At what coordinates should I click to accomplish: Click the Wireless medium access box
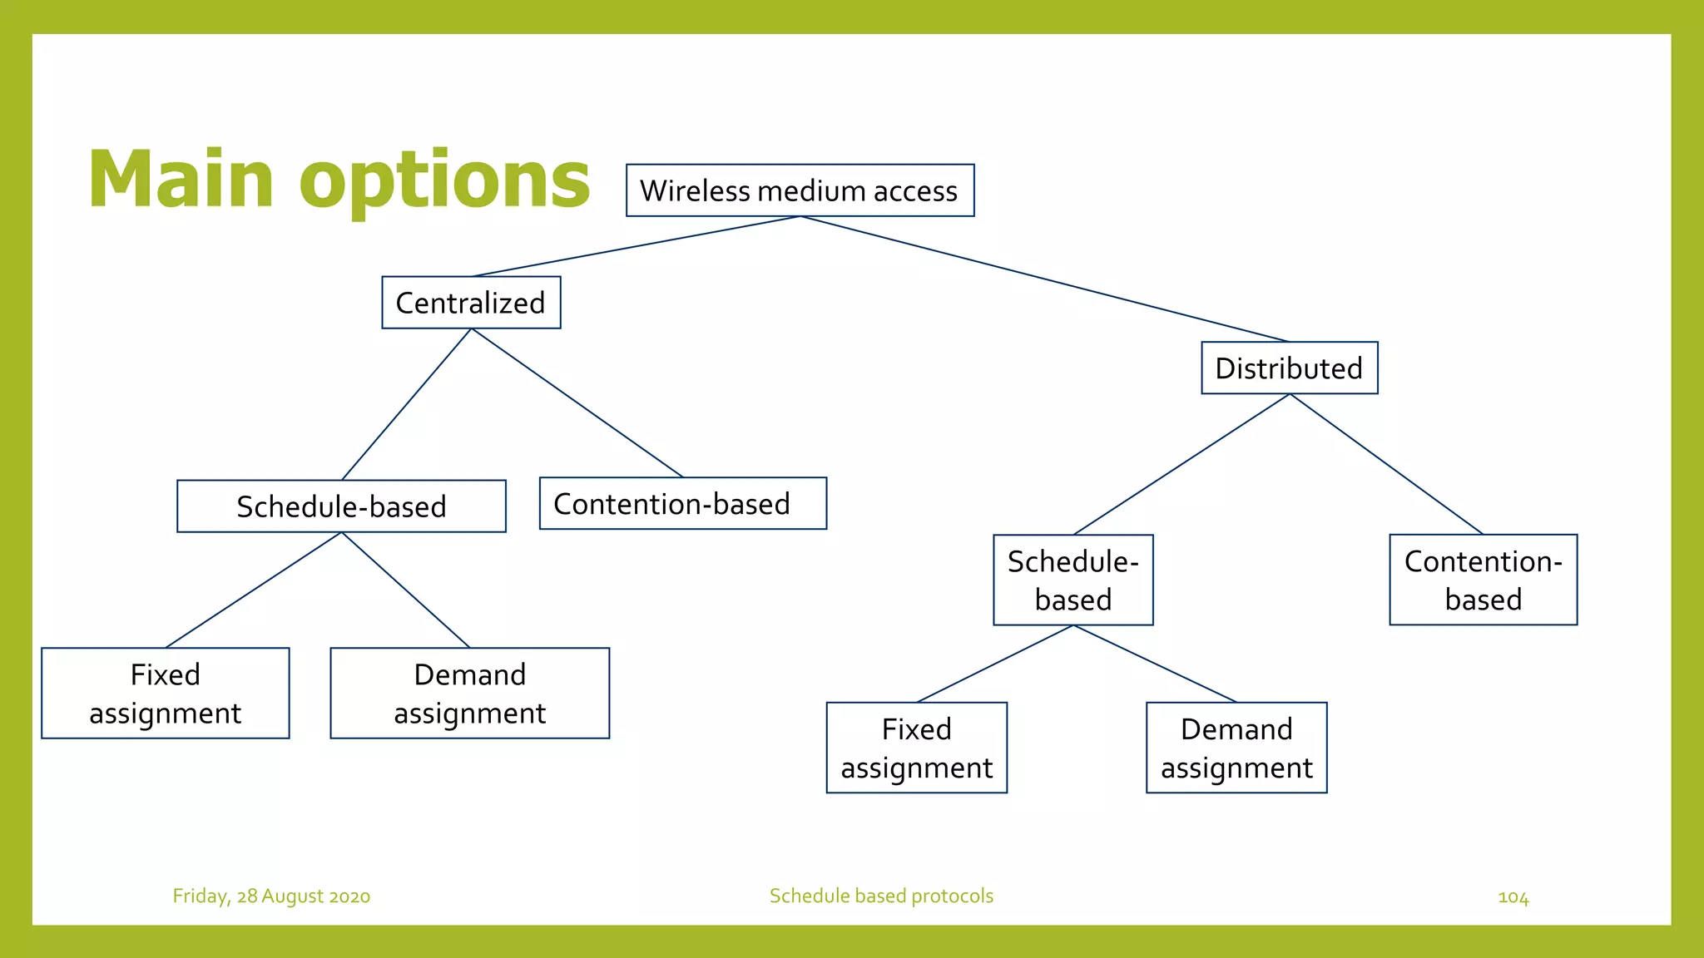pyautogui.click(x=800, y=190)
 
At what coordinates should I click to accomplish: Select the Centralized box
pyautogui.click(x=471, y=303)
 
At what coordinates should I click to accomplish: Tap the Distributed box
pyautogui.click(x=1289, y=368)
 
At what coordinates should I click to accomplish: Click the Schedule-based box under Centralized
pyautogui.click(x=341, y=506)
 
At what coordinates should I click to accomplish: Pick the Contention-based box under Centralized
pyautogui.click(x=682, y=503)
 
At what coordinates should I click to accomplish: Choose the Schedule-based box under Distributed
pyautogui.click(x=1072, y=580)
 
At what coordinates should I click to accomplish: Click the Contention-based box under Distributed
pyautogui.click(x=1483, y=580)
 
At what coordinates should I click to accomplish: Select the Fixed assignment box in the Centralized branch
pyautogui.click(x=165, y=693)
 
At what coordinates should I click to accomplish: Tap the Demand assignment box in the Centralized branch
pyautogui.click(x=469, y=693)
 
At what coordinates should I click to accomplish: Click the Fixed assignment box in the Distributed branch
pyautogui.click(x=916, y=748)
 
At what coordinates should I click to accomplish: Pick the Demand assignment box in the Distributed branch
pyautogui.click(x=1236, y=748)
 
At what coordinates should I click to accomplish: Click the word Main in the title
pyautogui.click(x=181, y=180)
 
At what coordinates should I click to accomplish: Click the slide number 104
pyautogui.click(x=1513, y=897)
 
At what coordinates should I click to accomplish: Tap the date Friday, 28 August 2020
pyautogui.click(x=271, y=896)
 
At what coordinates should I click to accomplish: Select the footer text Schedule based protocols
pyautogui.click(x=881, y=896)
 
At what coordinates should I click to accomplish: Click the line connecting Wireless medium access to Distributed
pyautogui.click(x=1044, y=279)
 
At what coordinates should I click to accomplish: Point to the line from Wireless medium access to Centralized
pyautogui.click(x=637, y=246)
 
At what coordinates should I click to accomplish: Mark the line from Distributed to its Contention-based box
pyautogui.click(x=1386, y=464)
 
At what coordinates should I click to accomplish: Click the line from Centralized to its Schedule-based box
pyautogui.click(x=407, y=404)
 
